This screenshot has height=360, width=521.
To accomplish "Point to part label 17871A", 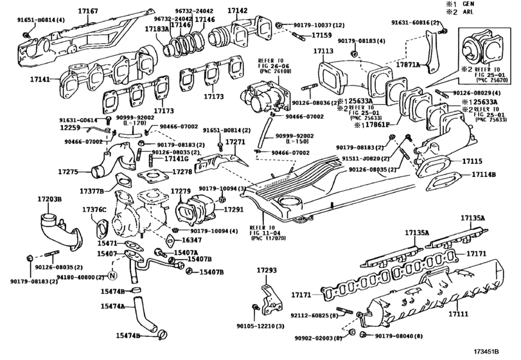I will pyautogui.click(x=407, y=64).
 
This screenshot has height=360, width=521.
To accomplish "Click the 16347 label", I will pyautogui.click(x=183, y=239).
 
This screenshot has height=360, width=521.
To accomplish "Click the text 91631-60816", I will pyautogui.click(x=414, y=22).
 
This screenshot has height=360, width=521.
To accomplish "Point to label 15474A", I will pyautogui.click(x=111, y=305).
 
